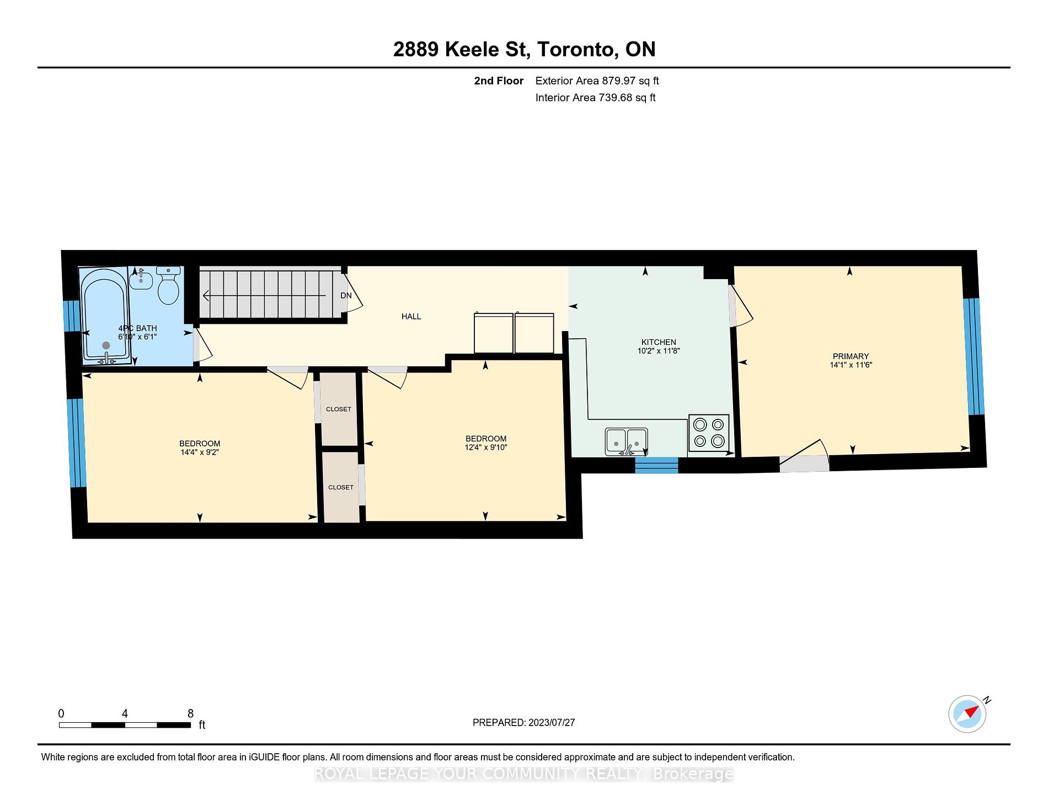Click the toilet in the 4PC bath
[x=168, y=285]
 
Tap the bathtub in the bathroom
[x=105, y=316]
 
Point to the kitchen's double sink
[x=626, y=441]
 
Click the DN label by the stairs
[x=346, y=296]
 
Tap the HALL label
[x=411, y=317]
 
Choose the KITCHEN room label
[x=659, y=342]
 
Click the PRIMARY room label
[x=851, y=356]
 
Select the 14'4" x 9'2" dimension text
[x=200, y=452]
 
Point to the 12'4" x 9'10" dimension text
[x=486, y=447]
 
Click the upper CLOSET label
[x=339, y=409]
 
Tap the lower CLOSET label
[x=341, y=488]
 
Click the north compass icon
[x=967, y=713]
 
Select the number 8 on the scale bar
[x=190, y=713]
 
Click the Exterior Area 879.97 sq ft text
[x=597, y=81]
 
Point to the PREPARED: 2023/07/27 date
[x=523, y=723]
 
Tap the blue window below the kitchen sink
[x=656, y=465]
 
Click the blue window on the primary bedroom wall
[x=974, y=356]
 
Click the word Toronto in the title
[x=578, y=50]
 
